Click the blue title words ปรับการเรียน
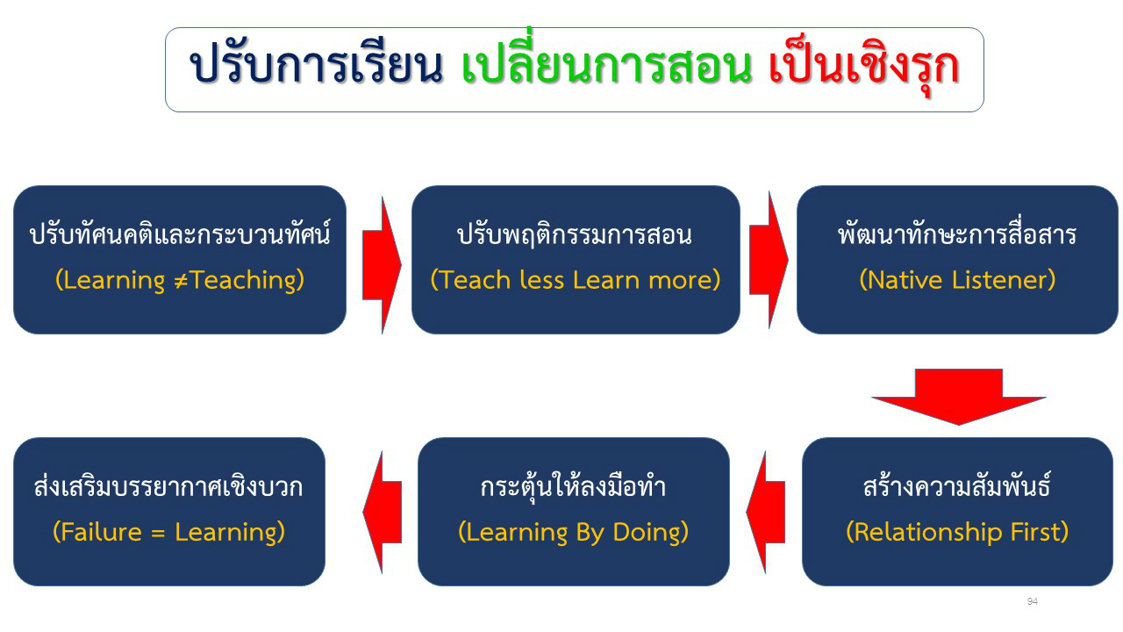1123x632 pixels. point(317,65)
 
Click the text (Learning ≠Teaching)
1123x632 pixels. point(180,280)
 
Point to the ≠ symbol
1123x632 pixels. point(181,281)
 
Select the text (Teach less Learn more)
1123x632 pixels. point(576,280)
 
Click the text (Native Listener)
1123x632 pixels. point(957,280)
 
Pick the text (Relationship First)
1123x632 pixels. point(957,532)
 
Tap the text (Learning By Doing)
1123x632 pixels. point(574,532)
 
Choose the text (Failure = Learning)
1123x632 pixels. point(169,532)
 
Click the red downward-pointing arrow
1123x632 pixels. point(959,396)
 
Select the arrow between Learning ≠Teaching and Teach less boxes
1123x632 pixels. point(382,265)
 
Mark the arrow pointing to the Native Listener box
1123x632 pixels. point(769,260)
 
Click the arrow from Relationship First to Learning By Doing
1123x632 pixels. point(766,512)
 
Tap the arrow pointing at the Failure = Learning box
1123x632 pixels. point(382,512)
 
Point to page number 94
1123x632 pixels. point(1033,601)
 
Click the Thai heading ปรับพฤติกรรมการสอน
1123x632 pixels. point(575,234)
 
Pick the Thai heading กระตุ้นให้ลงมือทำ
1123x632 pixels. point(573,486)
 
